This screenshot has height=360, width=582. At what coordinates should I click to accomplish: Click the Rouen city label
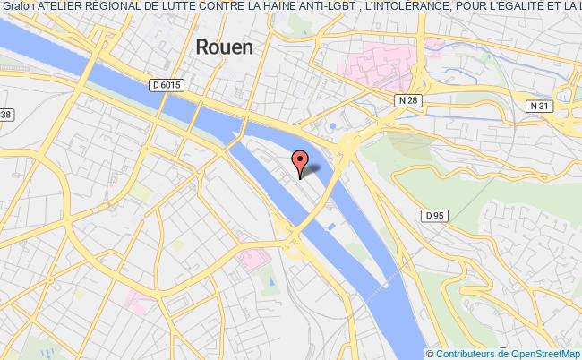click(x=224, y=47)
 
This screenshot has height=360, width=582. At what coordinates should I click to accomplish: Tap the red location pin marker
click(x=300, y=162)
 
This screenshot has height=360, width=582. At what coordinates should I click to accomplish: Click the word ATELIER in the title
click(x=61, y=7)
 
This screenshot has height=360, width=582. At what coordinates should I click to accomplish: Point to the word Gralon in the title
click(x=19, y=7)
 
